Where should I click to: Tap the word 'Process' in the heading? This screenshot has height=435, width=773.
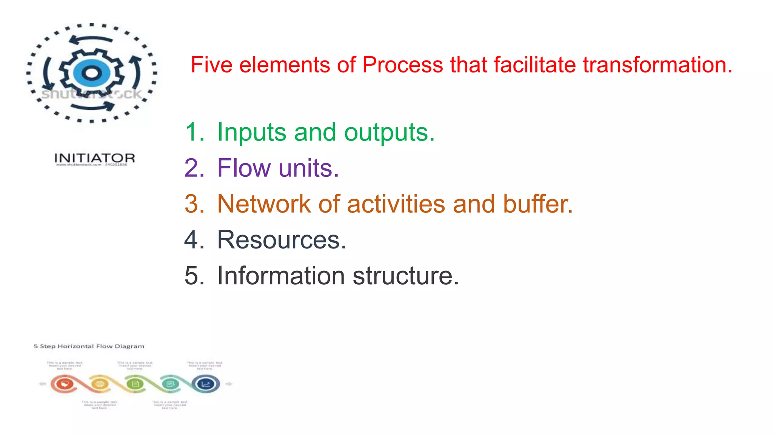click(402, 65)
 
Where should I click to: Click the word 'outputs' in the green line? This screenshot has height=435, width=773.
click(389, 132)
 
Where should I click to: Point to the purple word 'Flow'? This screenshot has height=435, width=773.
click(244, 168)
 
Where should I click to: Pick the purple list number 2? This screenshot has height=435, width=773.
click(194, 168)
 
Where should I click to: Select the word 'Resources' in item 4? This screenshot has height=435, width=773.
click(281, 240)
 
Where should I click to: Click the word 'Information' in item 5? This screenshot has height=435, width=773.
click(281, 276)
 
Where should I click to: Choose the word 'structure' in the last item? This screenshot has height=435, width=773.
click(406, 276)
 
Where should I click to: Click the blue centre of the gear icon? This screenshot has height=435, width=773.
click(91, 73)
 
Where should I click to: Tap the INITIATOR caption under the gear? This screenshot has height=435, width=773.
click(94, 158)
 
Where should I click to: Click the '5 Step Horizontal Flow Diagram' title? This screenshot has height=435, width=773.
click(89, 346)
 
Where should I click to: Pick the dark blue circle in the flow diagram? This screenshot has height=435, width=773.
click(206, 384)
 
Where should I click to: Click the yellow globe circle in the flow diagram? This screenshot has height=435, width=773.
click(100, 384)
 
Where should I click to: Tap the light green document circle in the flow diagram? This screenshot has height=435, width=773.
click(135, 384)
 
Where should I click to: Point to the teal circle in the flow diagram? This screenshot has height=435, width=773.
click(170, 384)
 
